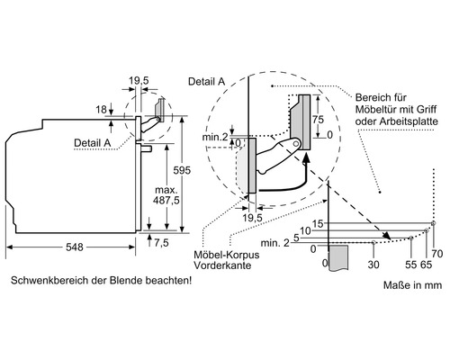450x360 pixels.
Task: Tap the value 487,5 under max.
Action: [x=165, y=201]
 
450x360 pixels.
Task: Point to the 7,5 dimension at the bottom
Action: [x=161, y=243]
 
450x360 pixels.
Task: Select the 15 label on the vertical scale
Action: [x=318, y=222]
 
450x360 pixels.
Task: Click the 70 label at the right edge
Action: [x=437, y=254]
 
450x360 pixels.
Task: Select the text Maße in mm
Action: [x=412, y=287]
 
